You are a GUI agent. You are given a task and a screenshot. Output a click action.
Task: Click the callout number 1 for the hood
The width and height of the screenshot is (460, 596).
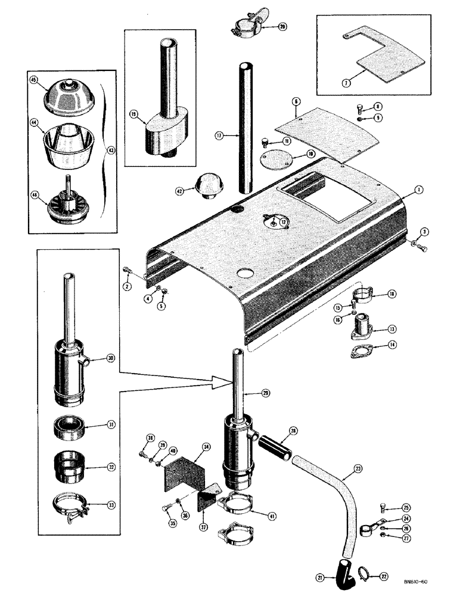(419, 189)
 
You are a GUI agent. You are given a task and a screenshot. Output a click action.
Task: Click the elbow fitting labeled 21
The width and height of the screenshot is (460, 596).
(343, 570)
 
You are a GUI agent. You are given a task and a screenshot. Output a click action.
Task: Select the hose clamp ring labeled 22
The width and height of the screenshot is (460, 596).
(362, 575)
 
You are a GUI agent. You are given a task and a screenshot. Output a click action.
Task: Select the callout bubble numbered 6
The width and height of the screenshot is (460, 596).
(296, 103)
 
